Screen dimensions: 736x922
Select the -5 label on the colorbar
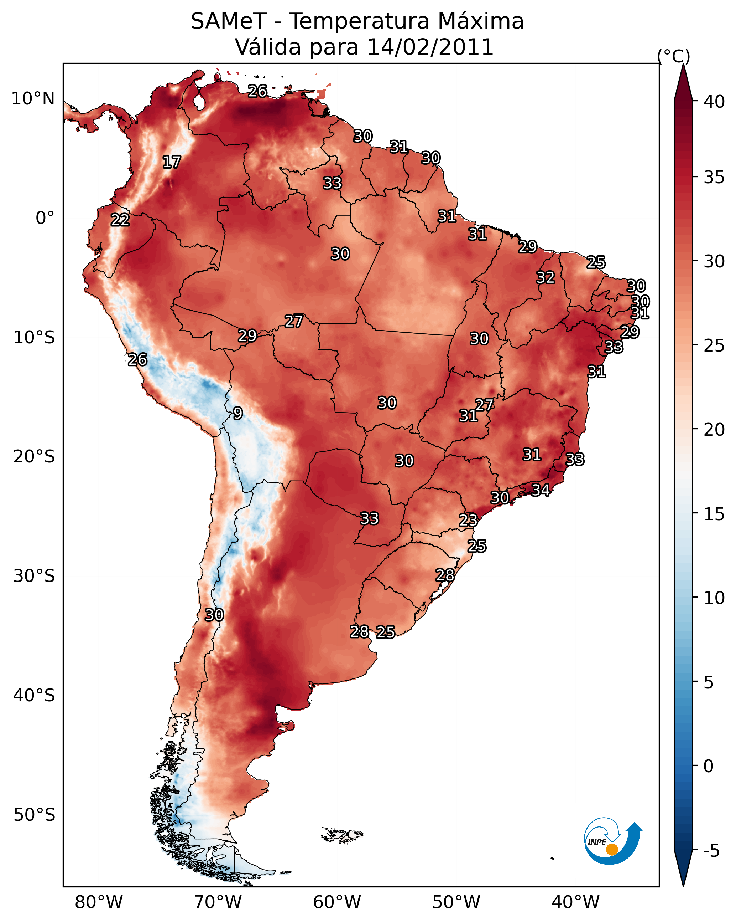coord(712,851)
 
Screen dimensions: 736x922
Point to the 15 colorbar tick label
coord(714,514)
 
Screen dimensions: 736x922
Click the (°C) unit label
coord(674,56)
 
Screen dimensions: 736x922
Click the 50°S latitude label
coord(34,815)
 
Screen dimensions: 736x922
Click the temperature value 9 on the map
coord(238,413)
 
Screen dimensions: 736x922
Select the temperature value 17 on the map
coord(172,162)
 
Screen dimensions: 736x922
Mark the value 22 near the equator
coord(120,220)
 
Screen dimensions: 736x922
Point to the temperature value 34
coord(541,490)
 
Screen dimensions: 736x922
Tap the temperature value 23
coord(468,520)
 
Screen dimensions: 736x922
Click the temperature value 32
coord(546,277)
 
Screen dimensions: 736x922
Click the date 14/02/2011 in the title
coord(430,47)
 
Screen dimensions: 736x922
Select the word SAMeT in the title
coord(229,21)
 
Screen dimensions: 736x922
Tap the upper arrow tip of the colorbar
coord(683,64)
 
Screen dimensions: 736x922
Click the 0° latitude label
coord(45,218)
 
